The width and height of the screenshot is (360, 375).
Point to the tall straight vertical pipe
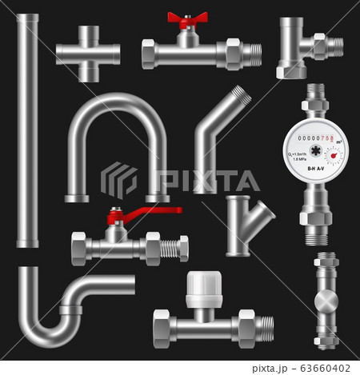pyautogui.click(x=27, y=128)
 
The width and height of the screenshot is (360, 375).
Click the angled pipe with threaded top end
pyautogui.click(x=220, y=139)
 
